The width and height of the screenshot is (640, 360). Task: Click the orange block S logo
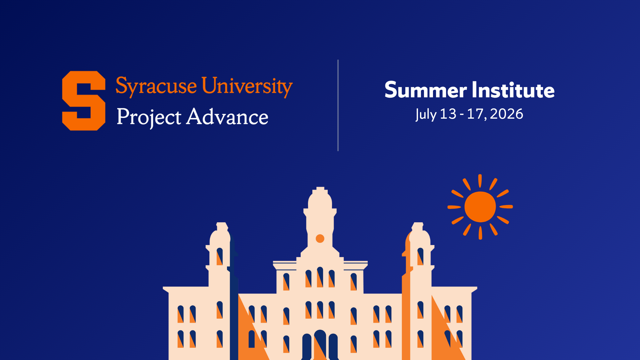84,101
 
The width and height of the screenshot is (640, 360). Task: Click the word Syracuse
156,86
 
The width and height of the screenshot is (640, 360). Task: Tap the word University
247,86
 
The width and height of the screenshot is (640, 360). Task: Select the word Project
149,117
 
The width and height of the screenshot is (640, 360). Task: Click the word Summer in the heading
426,90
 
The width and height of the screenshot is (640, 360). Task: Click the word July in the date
426,114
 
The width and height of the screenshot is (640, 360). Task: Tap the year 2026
506,114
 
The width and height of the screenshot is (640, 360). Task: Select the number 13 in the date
448,114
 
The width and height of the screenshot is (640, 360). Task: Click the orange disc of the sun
480,207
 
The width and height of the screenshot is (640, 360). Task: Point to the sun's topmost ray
480,180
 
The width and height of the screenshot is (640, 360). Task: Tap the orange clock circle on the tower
320,239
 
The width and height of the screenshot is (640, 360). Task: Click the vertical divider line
338,105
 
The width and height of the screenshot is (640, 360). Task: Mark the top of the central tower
320,189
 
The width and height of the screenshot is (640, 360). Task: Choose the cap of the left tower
222,226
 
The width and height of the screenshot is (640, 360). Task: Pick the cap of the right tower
418,226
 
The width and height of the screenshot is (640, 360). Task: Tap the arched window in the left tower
220,256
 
